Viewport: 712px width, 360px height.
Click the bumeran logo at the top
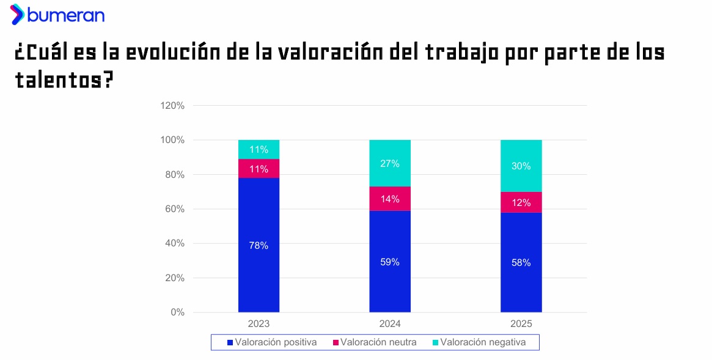pos(57,15)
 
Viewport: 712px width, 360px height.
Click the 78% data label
pos(259,246)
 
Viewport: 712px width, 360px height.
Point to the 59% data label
pos(390,262)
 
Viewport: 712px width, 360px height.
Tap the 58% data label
pos(521,263)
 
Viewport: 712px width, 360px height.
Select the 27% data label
pos(390,164)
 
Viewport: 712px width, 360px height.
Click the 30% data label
pos(521,166)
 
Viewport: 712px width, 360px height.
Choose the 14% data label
pos(390,199)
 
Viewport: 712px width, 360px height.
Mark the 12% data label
pos(521,203)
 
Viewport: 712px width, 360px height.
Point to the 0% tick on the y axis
pos(177,312)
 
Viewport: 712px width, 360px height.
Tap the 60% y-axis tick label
pos(174,209)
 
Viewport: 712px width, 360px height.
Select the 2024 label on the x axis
pos(390,324)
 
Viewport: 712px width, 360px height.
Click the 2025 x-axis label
pos(521,324)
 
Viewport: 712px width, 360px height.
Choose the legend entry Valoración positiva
pos(272,342)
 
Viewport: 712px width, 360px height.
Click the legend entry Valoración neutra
pos(375,342)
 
